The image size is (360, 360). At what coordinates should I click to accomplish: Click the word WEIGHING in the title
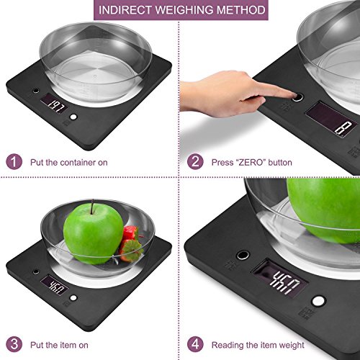pos(184,10)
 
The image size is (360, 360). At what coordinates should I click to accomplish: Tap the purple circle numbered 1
pos(14,162)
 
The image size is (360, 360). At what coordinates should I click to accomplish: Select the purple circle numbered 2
pos(195,161)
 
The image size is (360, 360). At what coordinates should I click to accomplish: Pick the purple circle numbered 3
pos(14,344)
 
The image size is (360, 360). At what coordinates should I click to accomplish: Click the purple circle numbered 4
pos(195,344)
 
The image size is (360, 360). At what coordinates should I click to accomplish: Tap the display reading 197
pos(54,104)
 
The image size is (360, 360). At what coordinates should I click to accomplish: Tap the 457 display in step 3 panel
pos(54,285)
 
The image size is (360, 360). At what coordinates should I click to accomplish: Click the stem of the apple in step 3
pos(92,207)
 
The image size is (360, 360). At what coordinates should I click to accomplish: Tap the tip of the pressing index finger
pos(293,95)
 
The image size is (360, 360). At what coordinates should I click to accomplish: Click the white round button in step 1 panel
pos(73,117)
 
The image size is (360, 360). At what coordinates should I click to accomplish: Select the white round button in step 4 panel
pos(318,301)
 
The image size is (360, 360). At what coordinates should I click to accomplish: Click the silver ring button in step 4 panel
pos(243,255)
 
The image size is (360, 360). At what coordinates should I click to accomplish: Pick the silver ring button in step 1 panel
pos(36,91)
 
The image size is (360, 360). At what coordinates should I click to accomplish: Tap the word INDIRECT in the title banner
pos(125,10)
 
